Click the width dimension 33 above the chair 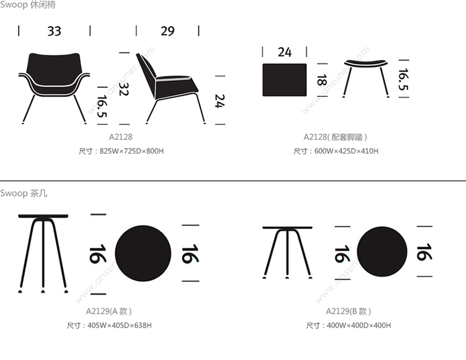(54, 31)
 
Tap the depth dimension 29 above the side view (168, 31)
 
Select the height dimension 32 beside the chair (124, 89)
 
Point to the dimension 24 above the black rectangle (285, 52)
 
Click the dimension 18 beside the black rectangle (322, 80)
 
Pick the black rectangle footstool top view (285, 80)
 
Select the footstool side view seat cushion (366, 63)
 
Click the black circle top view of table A (143, 253)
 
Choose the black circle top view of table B (382, 252)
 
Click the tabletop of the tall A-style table (43, 216)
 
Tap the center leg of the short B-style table (288, 254)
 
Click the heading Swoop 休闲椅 (27, 5)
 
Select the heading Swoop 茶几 (24, 193)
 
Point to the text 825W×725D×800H (132, 151)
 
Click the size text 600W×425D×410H (346, 151)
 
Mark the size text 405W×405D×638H (119, 325)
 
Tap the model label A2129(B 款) (349, 312)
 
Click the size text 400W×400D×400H (359, 325)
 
